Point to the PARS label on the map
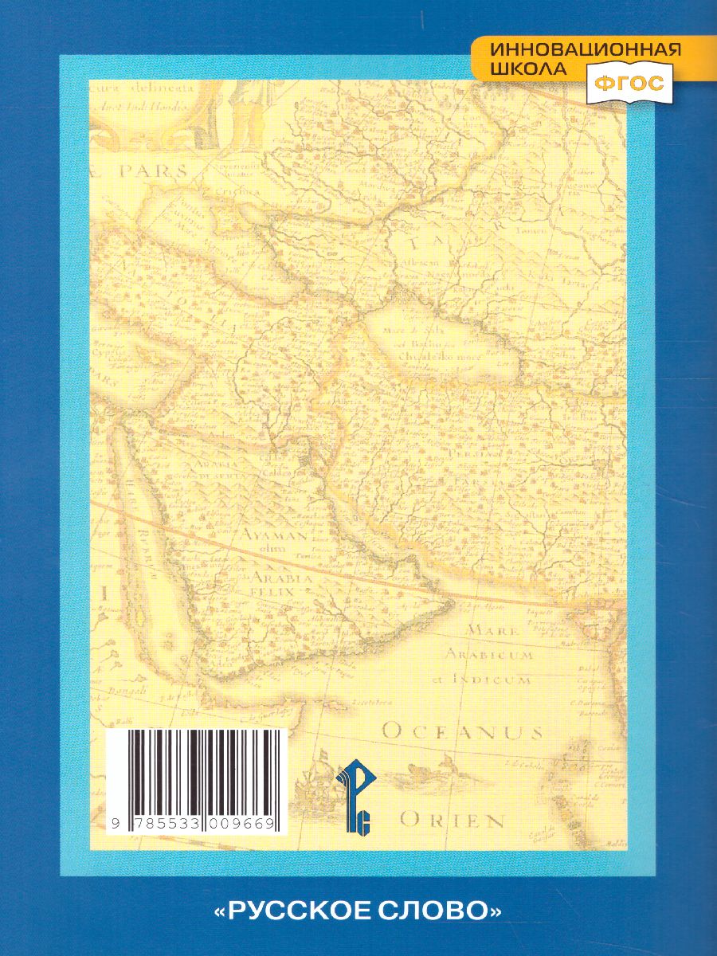click(151, 170)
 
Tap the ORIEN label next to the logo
click(452, 820)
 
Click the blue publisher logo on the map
click(353, 797)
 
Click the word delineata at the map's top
click(158, 91)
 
